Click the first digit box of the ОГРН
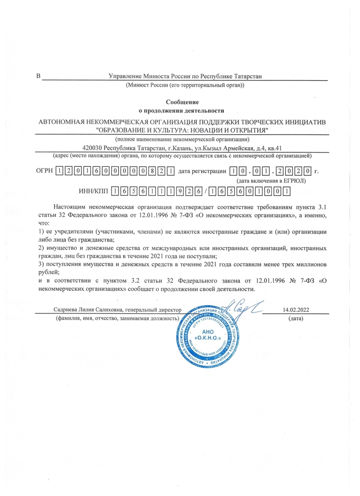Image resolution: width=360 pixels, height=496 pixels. pyautogui.click(x=59, y=172)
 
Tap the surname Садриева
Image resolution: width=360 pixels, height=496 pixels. pyautogui.click(x=67, y=310)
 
